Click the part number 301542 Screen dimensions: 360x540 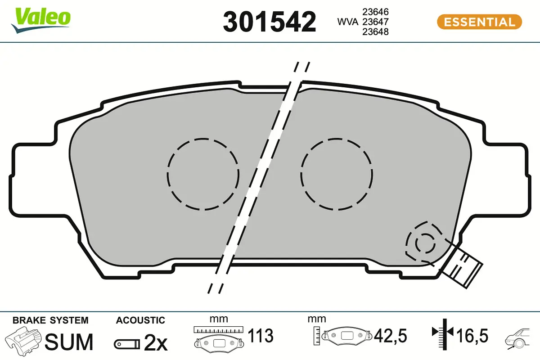point(270,22)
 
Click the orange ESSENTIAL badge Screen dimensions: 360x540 point(479,22)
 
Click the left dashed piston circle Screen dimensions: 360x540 point(202,174)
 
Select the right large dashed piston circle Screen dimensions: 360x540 point(337,174)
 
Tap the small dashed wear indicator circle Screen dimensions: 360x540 point(424,243)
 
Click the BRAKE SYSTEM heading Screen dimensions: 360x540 point(50,320)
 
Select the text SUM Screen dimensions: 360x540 point(70,342)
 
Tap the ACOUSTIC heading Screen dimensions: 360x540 point(140,320)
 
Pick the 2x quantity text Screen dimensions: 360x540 point(155,343)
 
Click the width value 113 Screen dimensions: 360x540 point(261,336)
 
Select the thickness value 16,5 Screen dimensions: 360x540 point(472,336)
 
